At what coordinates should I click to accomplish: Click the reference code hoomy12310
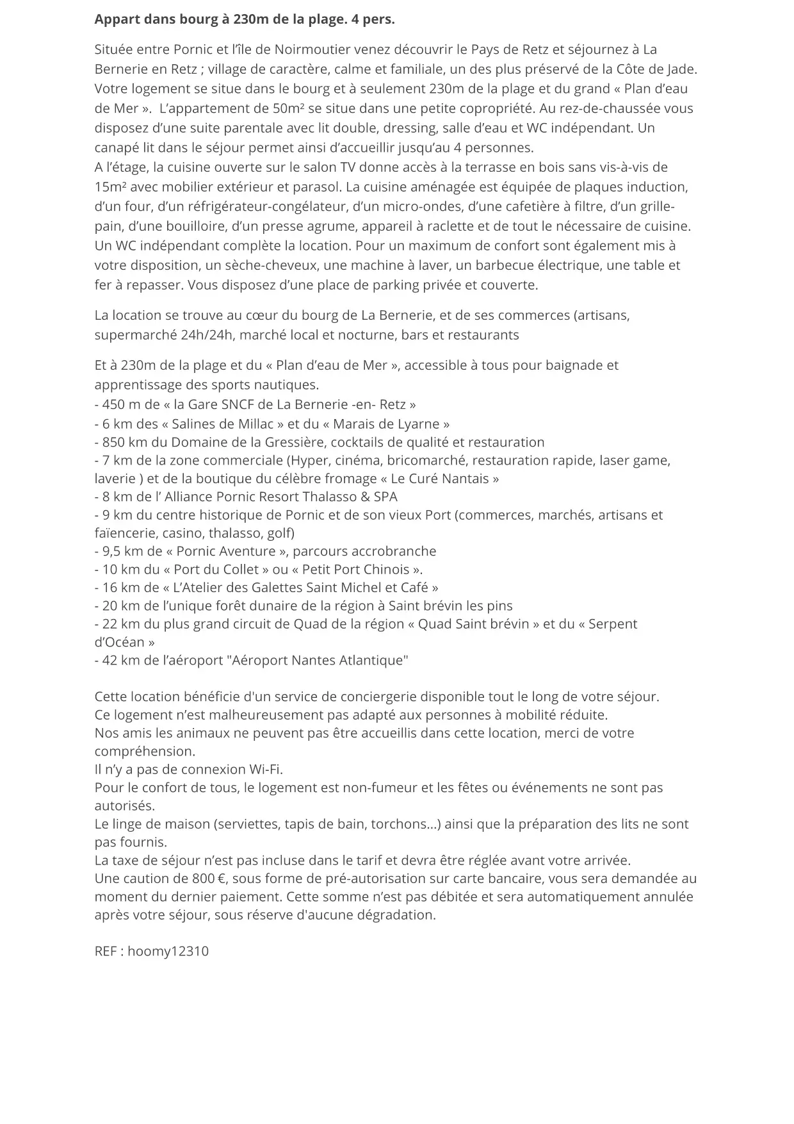pyautogui.click(x=168, y=951)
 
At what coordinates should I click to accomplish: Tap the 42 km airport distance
pyautogui.click(x=119, y=660)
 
